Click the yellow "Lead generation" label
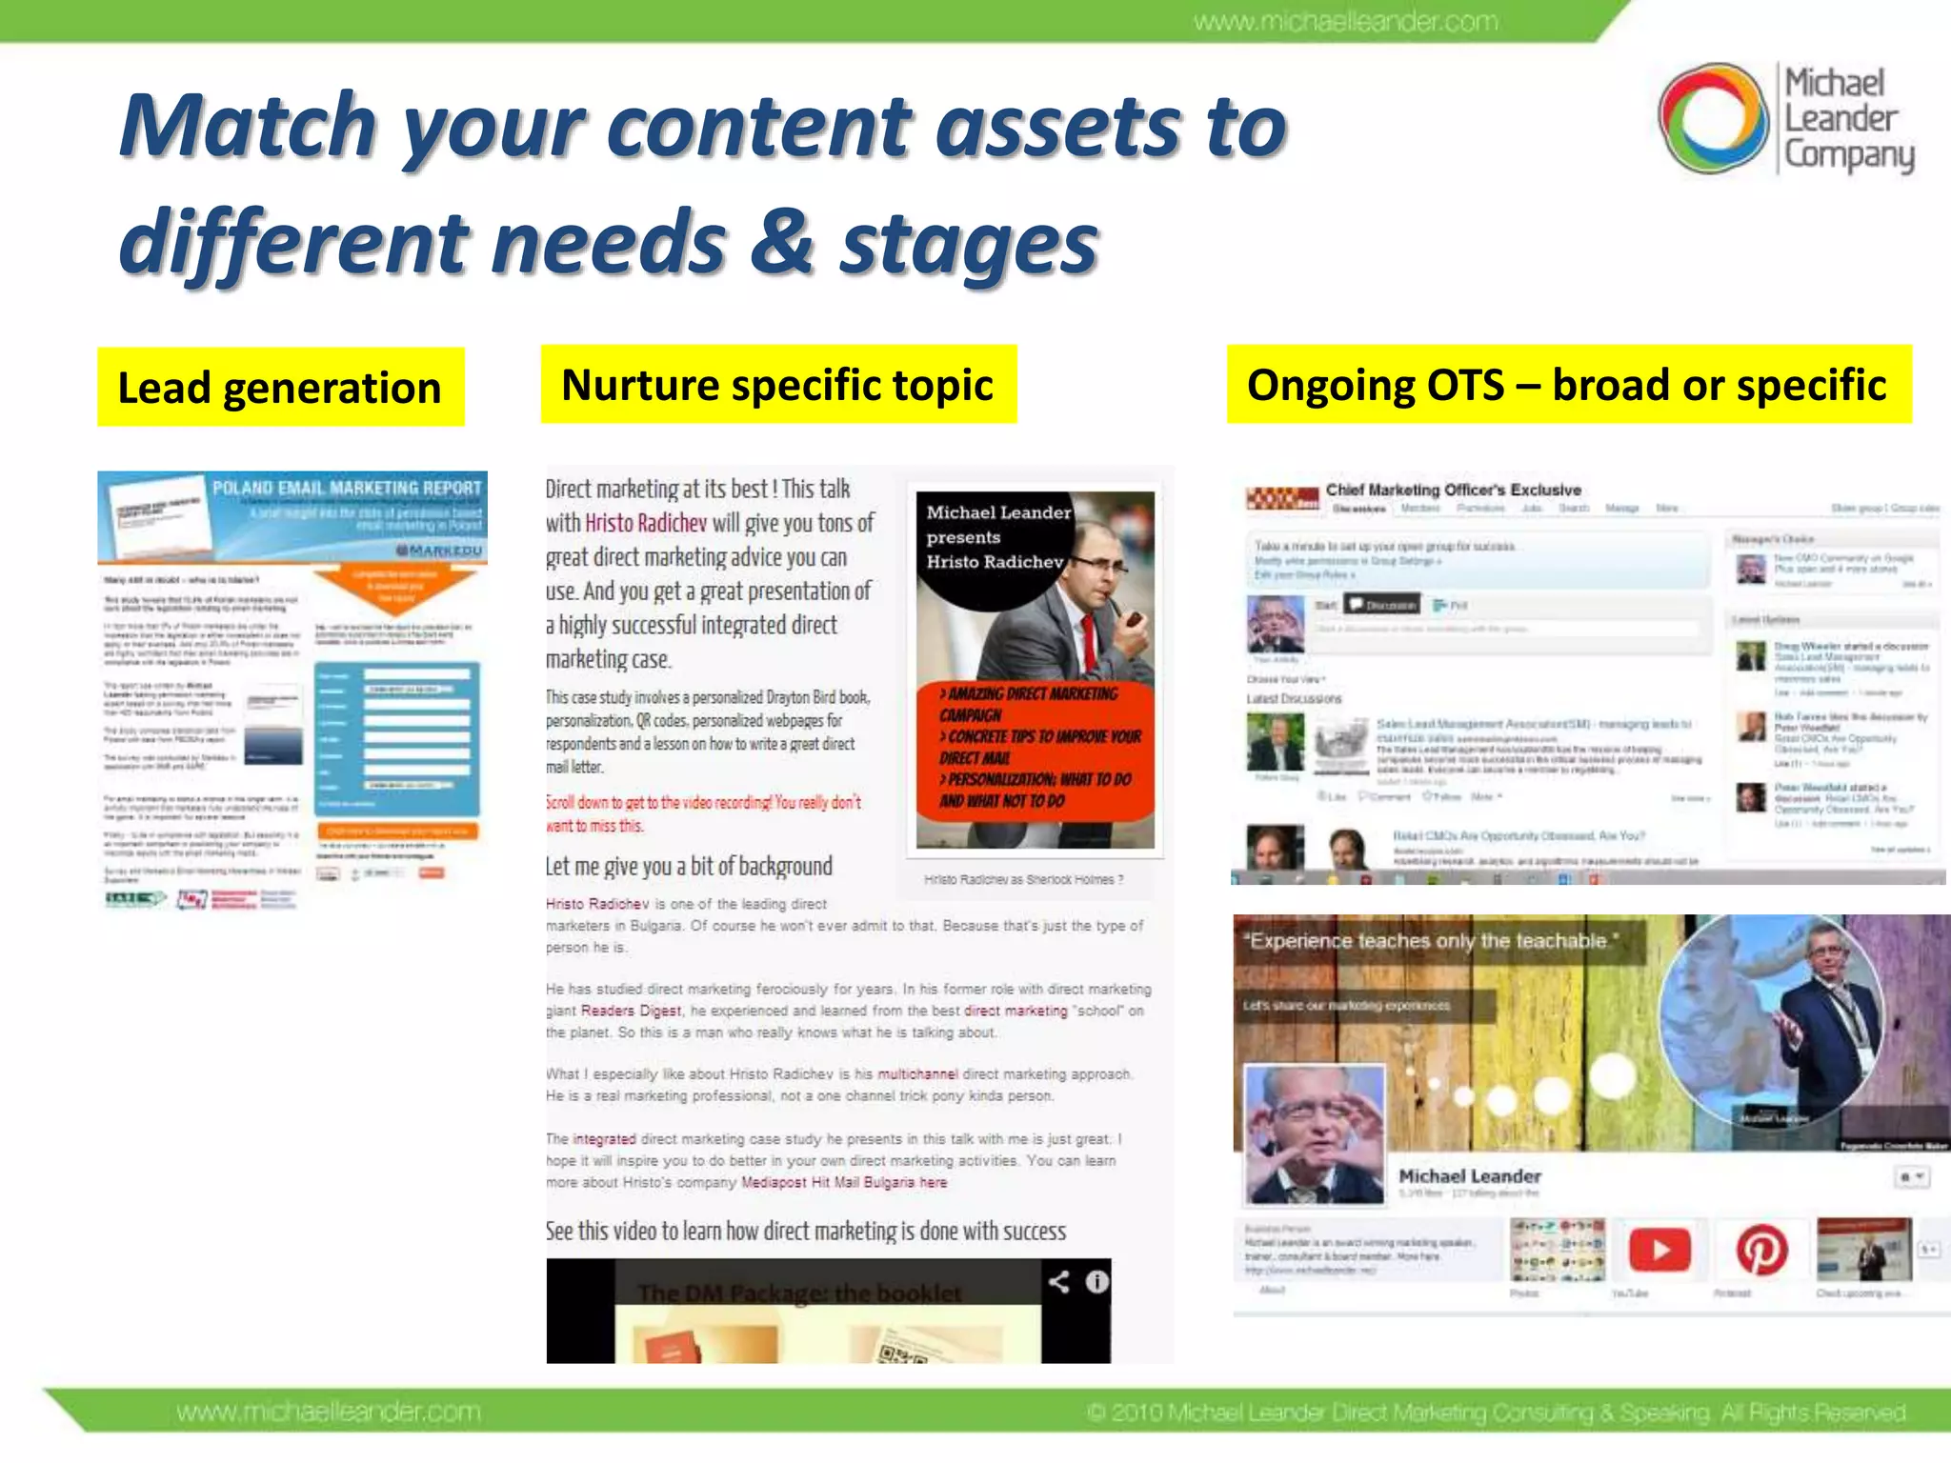[x=280, y=388]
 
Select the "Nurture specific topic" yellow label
[x=777, y=385]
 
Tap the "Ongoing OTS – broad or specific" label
[x=1567, y=385]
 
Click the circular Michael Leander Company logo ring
[x=1713, y=118]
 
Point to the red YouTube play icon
[x=1660, y=1250]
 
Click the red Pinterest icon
[x=1761, y=1250]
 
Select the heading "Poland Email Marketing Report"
[x=347, y=489]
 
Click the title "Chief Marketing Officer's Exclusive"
[x=1453, y=490]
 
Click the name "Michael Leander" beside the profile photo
[x=1469, y=1176]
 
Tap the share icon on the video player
[x=1058, y=1282]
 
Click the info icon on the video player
[x=1097, y=1282]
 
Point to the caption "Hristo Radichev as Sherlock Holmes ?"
[x=1023, y=880]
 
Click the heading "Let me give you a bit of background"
[x=689, y=867]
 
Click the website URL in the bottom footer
[x=329, y=1412]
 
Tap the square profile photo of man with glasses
[x=1315, y=1133]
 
